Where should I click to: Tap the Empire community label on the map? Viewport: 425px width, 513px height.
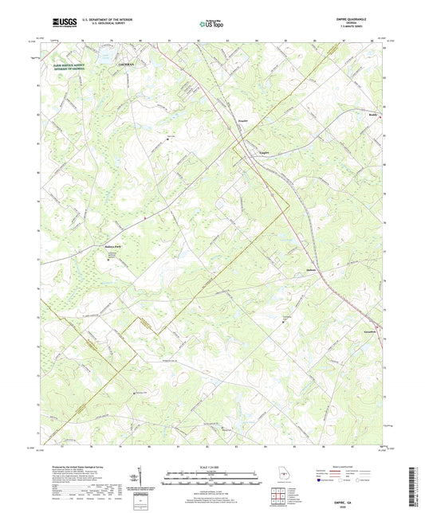pos(265,146)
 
